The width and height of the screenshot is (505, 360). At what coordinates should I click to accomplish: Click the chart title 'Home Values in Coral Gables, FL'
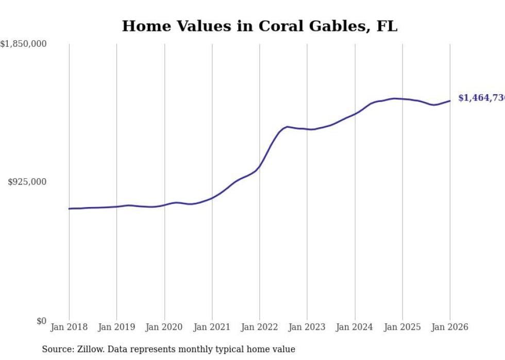click(x=259, y=26)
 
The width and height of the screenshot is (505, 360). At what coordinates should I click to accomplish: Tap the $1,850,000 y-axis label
click(x=24, y=44)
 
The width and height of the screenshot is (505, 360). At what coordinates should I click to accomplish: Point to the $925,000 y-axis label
click(x=27, y=182)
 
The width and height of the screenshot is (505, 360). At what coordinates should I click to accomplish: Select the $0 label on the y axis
click(x=41, y=321)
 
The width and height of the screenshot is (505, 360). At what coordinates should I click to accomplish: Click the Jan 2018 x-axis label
click(x=69, y=327)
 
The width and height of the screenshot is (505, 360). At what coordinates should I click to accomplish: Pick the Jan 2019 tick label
click(x=116, y=327)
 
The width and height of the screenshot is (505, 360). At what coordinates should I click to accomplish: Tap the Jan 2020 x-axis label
click(x=164, y=327)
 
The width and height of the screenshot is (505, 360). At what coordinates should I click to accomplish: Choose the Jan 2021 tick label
click(x=212, y=327)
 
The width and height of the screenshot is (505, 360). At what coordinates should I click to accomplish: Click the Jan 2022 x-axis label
click(x=259, y=327)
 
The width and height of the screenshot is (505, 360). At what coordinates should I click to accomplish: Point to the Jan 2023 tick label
click(x=307, y=327)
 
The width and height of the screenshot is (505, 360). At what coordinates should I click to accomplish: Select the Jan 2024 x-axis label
click(x=355, y=327)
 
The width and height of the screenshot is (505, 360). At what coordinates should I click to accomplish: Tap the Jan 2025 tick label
click(x=402, y=327)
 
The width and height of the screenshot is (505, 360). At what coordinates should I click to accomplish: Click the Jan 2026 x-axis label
click(x=449, y=327)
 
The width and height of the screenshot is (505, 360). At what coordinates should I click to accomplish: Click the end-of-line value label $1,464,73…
click(x=481, y=98)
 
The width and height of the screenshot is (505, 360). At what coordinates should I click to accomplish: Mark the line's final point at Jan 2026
click(x=450, y=101)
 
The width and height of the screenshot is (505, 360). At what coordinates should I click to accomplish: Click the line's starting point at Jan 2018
click(x=69, y=209)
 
